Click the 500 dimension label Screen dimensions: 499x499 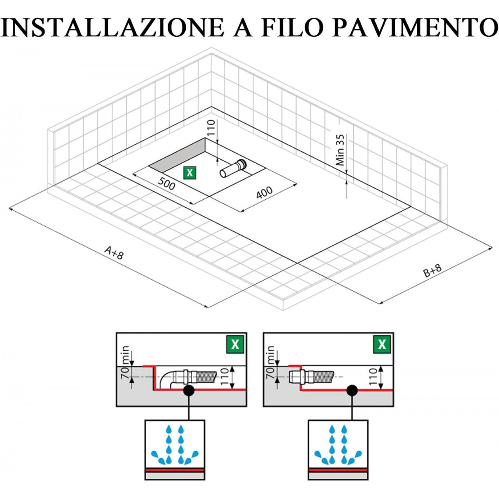166,184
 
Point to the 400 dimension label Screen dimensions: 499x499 265,192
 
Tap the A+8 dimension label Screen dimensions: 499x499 114,252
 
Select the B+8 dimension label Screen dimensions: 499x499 432,270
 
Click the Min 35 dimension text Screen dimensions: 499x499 341,150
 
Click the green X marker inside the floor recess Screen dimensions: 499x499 190,173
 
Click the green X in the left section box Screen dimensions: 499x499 235,345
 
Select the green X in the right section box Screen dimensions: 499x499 382,345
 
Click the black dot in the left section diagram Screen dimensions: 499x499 189,390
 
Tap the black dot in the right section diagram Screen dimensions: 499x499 352,390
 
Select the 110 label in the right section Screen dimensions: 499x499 374,376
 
